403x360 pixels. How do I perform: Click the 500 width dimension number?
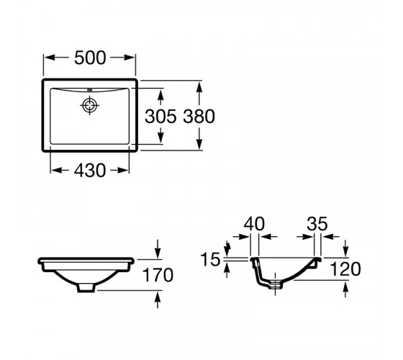pos(90,58)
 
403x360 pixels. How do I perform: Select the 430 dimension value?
pos(90,170)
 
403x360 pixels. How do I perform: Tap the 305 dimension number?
pos(160,116)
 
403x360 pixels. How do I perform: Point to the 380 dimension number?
pos(199,116)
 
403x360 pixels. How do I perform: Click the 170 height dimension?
pos(158,275)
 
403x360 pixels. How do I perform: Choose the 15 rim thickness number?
pos(210,259)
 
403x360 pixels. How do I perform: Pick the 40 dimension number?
pos(254,224)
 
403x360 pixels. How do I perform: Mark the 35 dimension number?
pos(317,224)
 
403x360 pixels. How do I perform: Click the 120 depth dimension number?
pos(345,269)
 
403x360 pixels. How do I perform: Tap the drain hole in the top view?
pos(90,105)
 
